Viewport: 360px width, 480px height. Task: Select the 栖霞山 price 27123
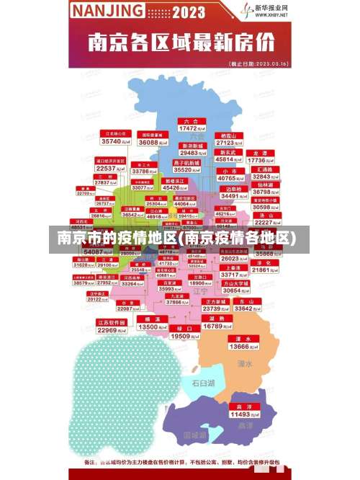click(x=230, y=142)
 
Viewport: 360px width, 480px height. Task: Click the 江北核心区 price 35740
click(x=117, y=141)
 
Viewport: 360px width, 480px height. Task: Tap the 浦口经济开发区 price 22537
click(x=110, y=168)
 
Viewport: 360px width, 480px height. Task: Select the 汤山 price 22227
click(x=263, y=223)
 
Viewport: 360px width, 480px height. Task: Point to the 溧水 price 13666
click(x=238, y=346)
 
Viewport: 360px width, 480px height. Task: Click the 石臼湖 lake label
click(x=202, y=383)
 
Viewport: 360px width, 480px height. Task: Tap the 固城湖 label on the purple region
click(x=194, y=435)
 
